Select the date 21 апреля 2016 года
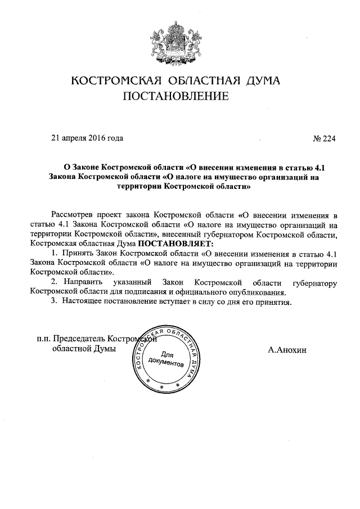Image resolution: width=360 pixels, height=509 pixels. pyautogui.click(x=87, y=138)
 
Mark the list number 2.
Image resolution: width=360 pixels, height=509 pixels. pyautogui.click(x=53, y=282)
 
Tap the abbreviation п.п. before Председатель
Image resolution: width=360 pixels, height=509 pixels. pyautogui.click(x=43, y=339)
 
